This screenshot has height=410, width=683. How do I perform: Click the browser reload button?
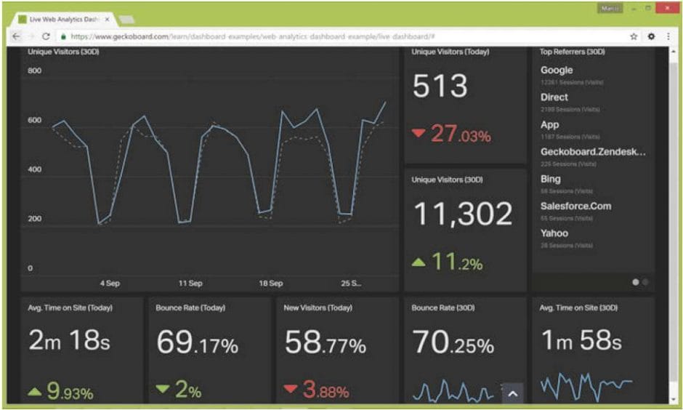point(46,36)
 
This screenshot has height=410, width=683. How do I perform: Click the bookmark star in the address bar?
point(634,36)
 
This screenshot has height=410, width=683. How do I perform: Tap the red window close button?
point(665,8)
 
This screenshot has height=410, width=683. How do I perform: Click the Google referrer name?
point(557,71)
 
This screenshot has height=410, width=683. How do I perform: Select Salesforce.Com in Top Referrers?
point(575,206)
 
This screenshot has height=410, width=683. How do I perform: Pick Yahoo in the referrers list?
point(554,233)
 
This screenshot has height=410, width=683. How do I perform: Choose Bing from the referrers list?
point(551,179)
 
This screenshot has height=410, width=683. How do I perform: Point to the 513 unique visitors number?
point(440,87)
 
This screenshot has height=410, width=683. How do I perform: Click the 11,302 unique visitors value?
point(463,214)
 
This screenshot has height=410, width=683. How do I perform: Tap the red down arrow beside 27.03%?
point(418,133)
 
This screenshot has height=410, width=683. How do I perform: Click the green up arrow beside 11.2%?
point(418,262)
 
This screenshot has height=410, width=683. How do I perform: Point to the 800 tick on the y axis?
point(34,71)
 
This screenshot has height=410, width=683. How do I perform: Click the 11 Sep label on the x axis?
point(190,284)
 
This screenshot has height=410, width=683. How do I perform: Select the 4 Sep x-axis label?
point(110,284)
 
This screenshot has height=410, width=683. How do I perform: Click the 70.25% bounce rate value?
point(453,342)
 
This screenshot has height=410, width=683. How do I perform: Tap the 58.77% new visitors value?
point(325,342)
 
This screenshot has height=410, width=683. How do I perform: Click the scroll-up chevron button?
point(512,394)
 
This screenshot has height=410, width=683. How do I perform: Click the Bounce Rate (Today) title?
point(190,308)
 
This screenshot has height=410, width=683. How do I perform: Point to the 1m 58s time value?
point(581,341)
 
